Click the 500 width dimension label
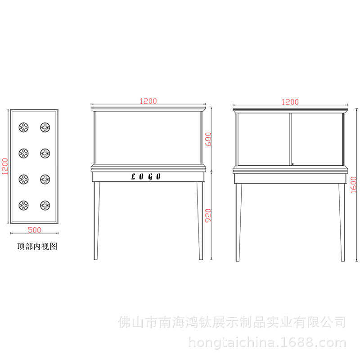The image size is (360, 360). [34, 230]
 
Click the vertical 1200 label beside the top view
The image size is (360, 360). [5, 166]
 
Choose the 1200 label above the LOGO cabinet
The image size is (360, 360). [148, 101]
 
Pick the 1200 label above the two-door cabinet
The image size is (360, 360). [290, 102]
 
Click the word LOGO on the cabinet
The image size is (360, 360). [146, 176]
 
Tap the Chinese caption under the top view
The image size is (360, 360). [37, 246]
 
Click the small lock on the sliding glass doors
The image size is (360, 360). [293, 164]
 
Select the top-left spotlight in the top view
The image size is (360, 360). [23, 127]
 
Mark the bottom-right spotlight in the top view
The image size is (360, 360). [45, 205]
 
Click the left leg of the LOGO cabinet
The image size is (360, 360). [96, 220]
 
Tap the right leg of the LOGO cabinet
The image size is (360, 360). [200, 220]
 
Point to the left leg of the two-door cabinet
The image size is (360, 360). [238, 222]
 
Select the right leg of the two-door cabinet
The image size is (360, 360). [342, 222]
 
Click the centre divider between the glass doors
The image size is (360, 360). [290, 139]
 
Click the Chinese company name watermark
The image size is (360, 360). [232, 322]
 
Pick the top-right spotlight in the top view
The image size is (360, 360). [45, 127]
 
